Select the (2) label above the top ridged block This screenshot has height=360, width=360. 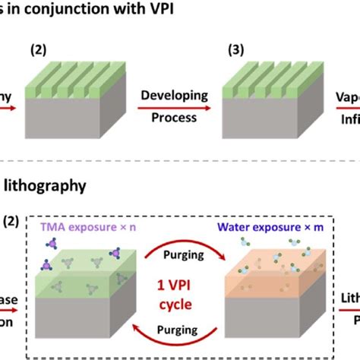37,49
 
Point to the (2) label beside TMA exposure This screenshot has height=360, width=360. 11,221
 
